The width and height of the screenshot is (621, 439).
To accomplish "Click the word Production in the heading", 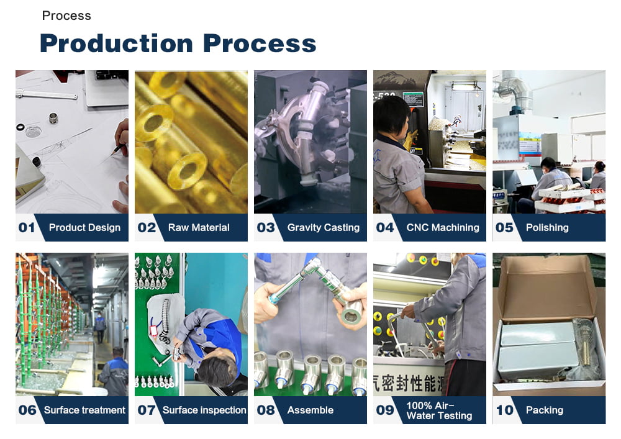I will tap(116, 43).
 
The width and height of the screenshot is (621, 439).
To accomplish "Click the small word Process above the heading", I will tap(66, 16).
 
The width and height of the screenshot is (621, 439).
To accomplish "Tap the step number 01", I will tap(27, 227).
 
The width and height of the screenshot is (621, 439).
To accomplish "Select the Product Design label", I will tap(84, 227).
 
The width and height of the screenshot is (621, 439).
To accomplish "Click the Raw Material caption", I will tap(199, 227).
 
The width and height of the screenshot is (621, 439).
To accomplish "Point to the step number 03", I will tap(266, 227).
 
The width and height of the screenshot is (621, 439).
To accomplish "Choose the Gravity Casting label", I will tap(323, 227).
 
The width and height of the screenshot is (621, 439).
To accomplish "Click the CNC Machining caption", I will tap(443, 227).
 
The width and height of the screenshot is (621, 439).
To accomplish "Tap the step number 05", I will tap(504, 227).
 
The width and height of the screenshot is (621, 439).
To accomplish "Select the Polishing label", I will tap(547, 227).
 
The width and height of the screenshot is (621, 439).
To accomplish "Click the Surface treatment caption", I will tap(85, 410).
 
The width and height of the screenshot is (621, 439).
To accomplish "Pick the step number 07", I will tap(147, 410).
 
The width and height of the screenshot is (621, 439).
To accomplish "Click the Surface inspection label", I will tap(204, 410).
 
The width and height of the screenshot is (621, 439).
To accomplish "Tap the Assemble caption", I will tap(310, 410).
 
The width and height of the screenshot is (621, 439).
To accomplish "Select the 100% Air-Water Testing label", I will tap(439, 410).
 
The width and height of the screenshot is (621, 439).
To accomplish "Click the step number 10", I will tap(504, 410).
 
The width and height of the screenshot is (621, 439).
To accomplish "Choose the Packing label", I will tap(545, 410).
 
